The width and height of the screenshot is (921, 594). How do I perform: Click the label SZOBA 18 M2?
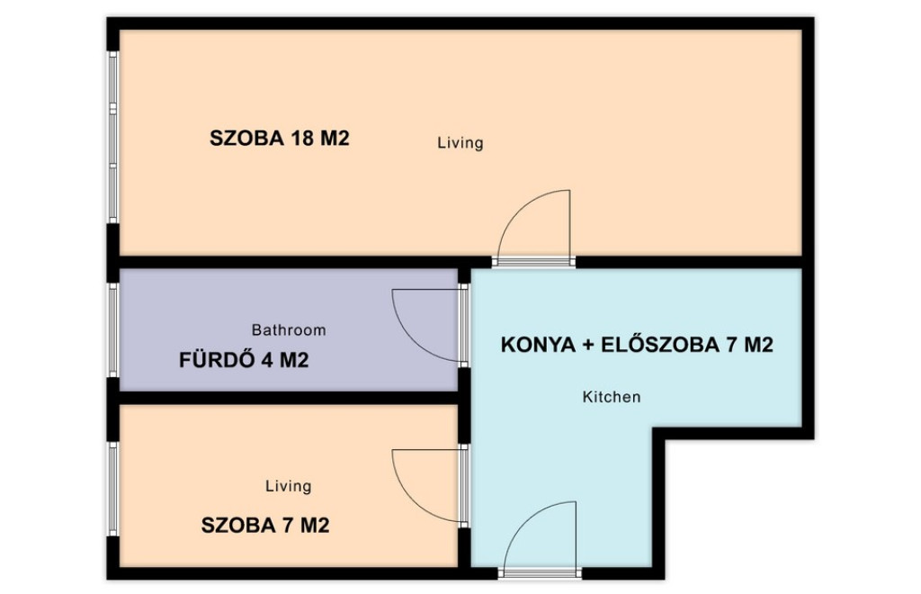280,139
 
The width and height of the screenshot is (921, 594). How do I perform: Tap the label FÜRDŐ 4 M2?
244,360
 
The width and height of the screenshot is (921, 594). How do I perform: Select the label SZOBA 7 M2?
265,526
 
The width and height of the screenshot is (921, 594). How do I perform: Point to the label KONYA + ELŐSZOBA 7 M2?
637,345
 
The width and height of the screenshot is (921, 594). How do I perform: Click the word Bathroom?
289,330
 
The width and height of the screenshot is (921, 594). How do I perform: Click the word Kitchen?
612,397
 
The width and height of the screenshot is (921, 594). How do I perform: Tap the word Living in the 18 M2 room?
460,143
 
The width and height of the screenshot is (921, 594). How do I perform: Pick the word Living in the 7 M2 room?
289,486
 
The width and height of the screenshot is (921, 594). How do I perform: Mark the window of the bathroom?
113,329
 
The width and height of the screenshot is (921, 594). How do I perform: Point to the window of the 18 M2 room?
113,137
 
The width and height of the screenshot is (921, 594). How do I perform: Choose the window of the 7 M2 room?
113,489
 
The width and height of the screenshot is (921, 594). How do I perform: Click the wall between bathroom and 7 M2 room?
289,398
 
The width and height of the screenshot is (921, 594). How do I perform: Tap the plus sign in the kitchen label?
588,346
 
